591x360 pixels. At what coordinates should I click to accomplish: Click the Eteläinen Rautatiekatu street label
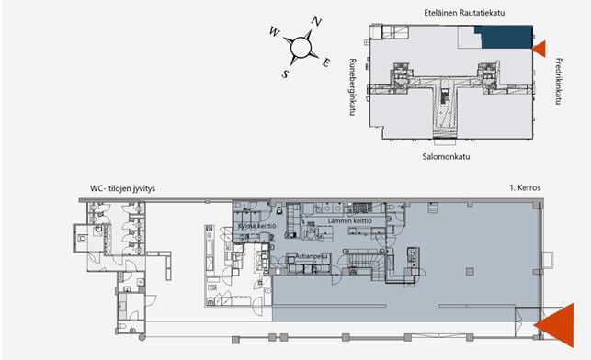tap(464, 13)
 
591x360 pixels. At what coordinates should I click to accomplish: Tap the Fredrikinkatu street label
tap(559, 81)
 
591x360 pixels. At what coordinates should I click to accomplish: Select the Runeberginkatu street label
tap(353, 87)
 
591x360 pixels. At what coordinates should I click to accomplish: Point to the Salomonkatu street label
tap(446, 156)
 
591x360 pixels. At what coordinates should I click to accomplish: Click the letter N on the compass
tap(316, 22)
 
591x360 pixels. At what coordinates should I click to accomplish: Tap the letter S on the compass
tap(285, 73)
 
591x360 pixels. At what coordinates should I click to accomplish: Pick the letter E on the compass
tap(326, 62)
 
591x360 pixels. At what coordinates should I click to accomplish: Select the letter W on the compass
tap(275, 31)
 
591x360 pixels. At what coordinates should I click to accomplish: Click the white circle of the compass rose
tap(301, 47)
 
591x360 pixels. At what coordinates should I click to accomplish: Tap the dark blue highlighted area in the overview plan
tap(506, 37)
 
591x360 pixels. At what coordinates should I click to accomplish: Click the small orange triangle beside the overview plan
tap(540, 49)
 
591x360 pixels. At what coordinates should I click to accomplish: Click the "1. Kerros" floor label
tap(525, 187)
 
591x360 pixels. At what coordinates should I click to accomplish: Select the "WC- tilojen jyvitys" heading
tap(122, 188)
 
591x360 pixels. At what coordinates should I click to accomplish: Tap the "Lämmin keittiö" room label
tap(350, 220)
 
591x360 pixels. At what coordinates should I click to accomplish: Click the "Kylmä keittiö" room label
tap(257, 226)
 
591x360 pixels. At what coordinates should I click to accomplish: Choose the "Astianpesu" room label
tap(312, 256)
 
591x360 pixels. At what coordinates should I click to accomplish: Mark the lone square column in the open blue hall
tap(470, 272)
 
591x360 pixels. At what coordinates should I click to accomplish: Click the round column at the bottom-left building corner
tap(142, 337)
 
